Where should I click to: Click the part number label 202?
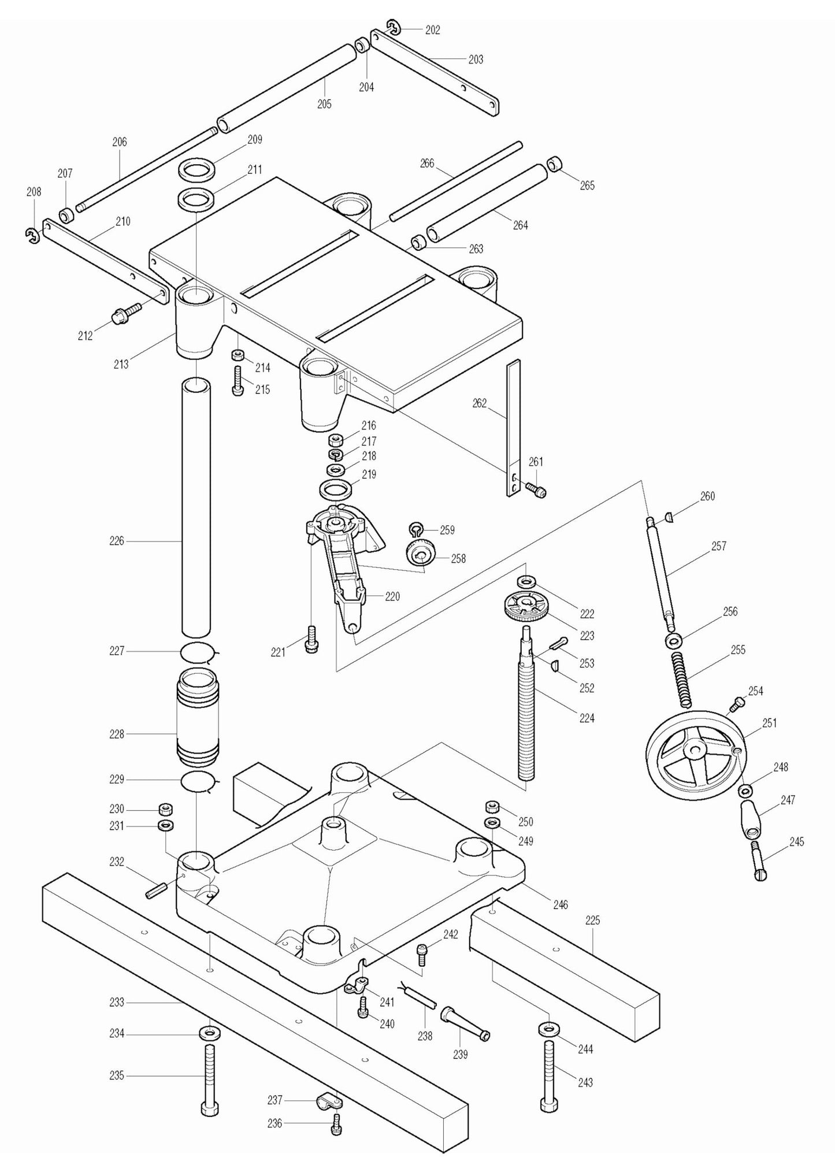pos(432,30)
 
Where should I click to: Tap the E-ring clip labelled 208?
pos(32,234)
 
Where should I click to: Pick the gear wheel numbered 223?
pos(526,607)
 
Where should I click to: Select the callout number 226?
pos(117,541)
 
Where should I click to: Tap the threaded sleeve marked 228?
pos(197,716)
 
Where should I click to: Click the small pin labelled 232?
pos(157,889)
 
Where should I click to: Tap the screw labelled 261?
pos(537,489)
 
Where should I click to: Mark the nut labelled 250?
pos(493,806)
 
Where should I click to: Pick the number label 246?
pos(560,904)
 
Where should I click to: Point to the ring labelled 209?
pos(197,170)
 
